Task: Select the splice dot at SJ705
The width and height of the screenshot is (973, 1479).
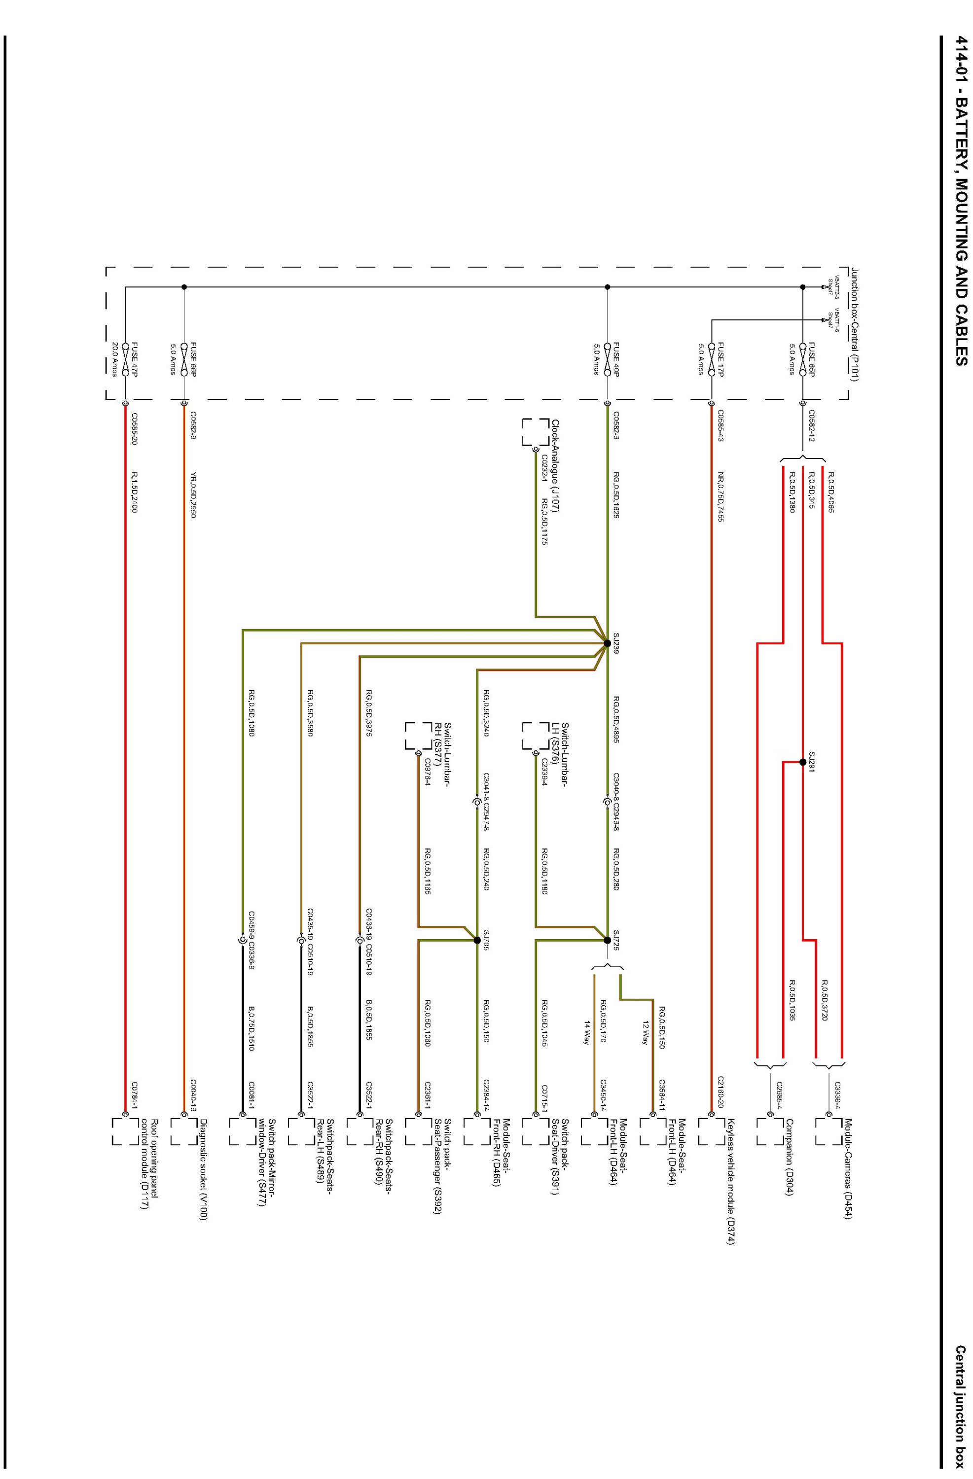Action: [477, 940]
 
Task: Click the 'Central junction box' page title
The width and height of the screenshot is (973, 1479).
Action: [960, 1410]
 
